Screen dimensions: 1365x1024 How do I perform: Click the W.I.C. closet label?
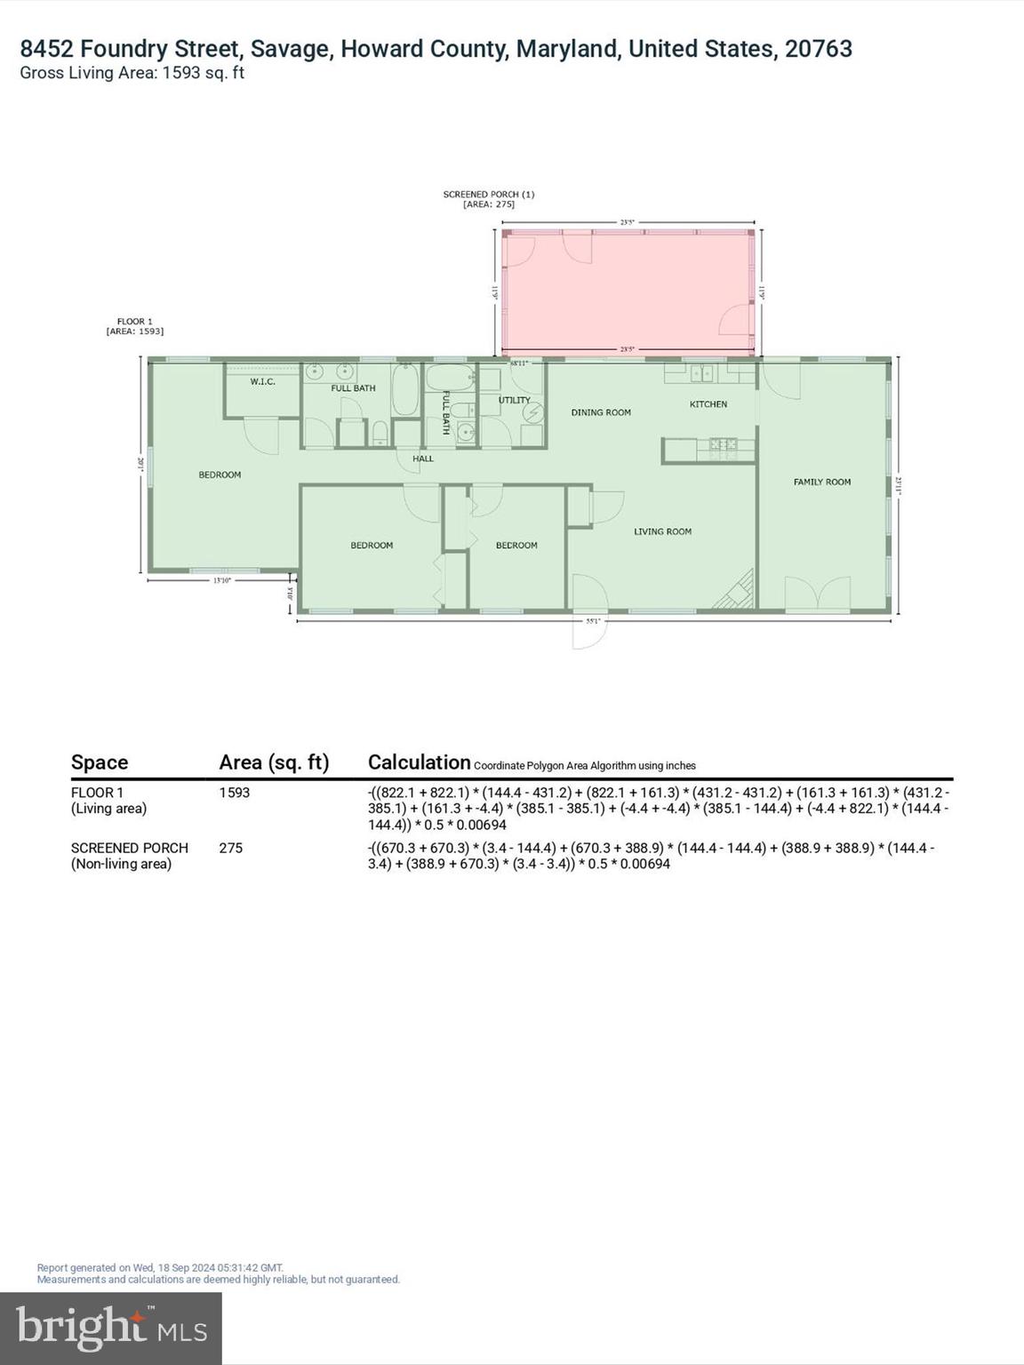(262, 382)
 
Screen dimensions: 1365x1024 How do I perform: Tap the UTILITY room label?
(514, 401)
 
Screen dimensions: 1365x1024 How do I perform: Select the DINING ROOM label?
(601, 412)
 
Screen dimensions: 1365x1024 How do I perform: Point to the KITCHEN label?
(708, 404)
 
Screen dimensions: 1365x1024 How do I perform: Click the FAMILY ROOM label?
(822, 482)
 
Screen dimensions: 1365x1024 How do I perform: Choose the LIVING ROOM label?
(662, 531)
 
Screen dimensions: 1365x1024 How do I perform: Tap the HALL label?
(423, 459)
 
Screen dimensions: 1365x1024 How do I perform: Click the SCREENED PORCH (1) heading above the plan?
(489, 195)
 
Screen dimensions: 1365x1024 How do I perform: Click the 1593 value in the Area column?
(235, 793)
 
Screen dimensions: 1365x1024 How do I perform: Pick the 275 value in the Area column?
(231, 848)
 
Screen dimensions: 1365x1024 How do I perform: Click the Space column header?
(100, 762)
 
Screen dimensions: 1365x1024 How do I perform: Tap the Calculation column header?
(419, 762)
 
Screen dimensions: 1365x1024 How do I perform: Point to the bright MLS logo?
(111, 1328)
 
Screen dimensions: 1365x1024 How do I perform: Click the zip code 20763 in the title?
(818, 49)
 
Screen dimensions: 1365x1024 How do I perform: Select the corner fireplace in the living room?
(737, 593)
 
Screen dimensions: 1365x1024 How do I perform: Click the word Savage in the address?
(289, 49)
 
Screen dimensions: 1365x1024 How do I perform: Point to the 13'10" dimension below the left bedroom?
(222, 580)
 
